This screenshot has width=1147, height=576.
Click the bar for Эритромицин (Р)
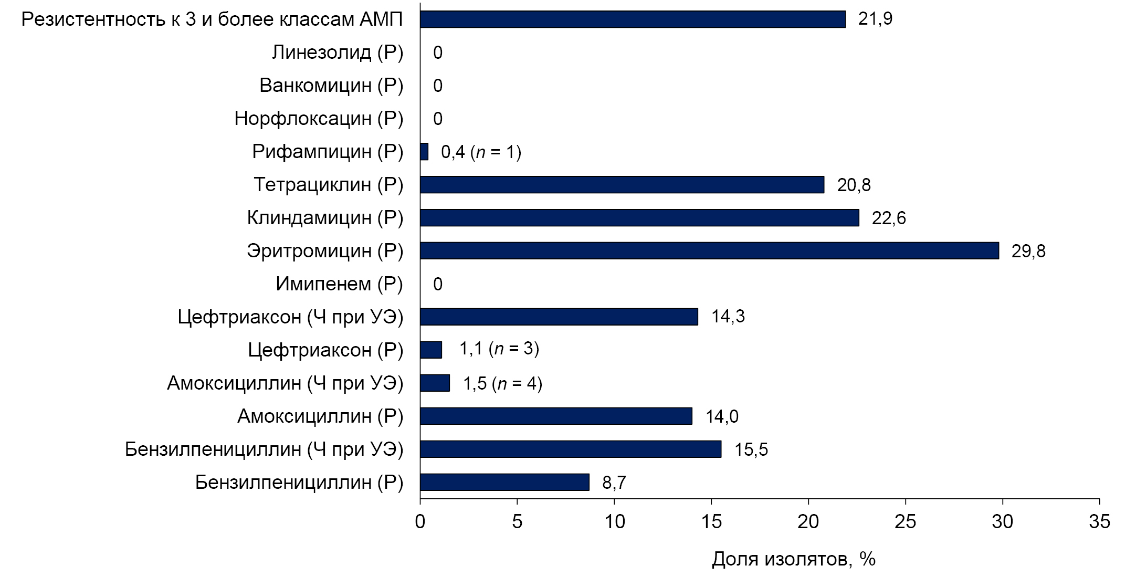(x=709, y=251)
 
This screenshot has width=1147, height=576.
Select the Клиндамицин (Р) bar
(x=639, y=218)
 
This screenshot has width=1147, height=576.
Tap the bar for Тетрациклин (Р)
(x=622, y=185)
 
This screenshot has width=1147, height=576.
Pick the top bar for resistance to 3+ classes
(x=633, y=19)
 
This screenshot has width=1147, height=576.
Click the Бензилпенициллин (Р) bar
(x=504, y=482)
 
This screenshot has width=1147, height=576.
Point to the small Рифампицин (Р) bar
(x=424, y=152)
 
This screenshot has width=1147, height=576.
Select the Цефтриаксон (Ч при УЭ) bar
(x=559, y=317)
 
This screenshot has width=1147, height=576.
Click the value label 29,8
(x=1028, y=252)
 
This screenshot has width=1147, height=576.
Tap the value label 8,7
(x=614, y=483)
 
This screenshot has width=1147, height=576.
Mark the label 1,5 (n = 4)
(x=502, y=384)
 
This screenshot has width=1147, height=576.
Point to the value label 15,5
(x=751, y=449)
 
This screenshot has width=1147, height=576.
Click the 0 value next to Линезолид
(x=438, y=53)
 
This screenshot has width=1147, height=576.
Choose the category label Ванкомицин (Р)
(x=331, y=86)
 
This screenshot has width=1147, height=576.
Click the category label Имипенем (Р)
(x=339, y=284)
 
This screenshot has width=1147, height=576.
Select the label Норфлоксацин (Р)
(x=319, y=119)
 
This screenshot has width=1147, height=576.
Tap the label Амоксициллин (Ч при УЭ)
(x=285, y=383)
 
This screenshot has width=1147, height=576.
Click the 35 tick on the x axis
(x=1099, y=521)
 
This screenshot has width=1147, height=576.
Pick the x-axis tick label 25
(x=905, y=521)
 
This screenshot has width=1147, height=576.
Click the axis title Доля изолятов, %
(x=793, y=559)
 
